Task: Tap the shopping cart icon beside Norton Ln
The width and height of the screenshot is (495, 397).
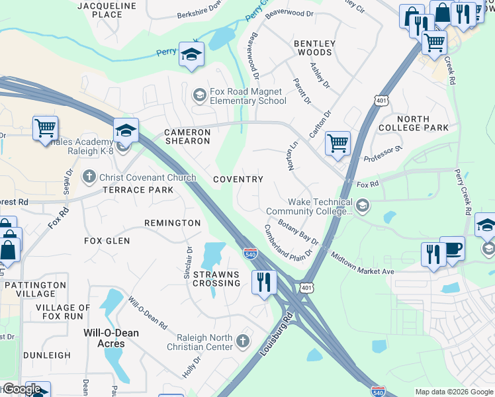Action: tap(338, 143)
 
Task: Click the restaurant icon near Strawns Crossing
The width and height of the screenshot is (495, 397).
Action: tap(264, 282)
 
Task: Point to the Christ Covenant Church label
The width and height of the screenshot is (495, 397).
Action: tap(147, 177)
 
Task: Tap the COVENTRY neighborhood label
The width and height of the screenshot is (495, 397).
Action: tap(238, 179)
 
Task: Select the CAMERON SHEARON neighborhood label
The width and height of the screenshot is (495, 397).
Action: tap(187, 136)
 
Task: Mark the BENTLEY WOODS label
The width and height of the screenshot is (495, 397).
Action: tap(314, 48)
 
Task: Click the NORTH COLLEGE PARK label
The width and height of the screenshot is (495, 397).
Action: tap(414, 123)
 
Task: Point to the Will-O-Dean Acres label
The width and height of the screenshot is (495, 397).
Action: tap(111, 338)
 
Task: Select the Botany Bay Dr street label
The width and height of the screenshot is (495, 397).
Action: tap(298, 232)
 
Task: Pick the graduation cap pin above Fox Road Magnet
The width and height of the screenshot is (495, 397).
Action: tap(191, 55)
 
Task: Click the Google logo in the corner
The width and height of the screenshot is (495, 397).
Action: tap(21, 389)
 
